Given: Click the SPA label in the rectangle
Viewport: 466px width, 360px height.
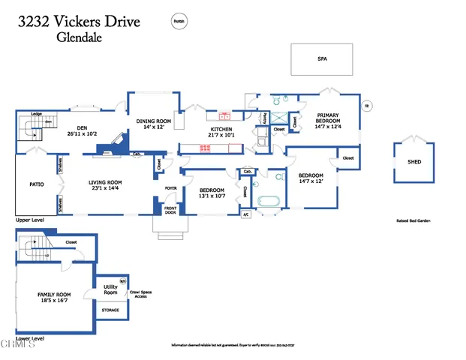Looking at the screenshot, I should pyautogui.click(x=322, y=58).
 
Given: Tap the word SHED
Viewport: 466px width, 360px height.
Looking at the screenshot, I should pyautogui.click(x=414, y=161).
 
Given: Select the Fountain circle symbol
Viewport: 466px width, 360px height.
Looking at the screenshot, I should pyautogui.click(x=179, y=22).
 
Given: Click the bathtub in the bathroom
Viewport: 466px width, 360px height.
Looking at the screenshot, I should pyautogui.click(x=268, y=201).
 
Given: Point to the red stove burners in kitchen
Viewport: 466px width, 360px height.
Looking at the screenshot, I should pyautogui.click(x=204, y=147).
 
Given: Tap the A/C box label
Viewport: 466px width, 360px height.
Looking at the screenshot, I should pyautogui.click(x=245, y=214).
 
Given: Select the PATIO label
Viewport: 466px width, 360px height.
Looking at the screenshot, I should pyautogui.click(x=36, y=184).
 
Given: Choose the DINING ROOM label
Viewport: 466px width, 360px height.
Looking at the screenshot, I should pyautogui.click(x=153, y=121).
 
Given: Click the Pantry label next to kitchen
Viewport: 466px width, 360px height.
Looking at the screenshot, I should pyautogui.click(x=264, y=118).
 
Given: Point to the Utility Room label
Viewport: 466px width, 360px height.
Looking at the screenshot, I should pyautogui.click(x=110, y=288).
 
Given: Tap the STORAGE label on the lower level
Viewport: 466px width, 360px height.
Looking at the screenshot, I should pyautogui.click(x=110, y=310).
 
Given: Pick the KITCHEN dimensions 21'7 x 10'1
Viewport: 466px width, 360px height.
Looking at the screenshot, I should pyautogui.click(x=221, y=136).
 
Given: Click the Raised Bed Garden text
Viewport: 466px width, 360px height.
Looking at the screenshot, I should pyautogui.click(x=413, y=220).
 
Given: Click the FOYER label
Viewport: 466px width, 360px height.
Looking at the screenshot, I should pyautogui.click(x=170, y=188).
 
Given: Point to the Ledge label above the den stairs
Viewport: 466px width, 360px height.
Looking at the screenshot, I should pyautogui.click(x=35, y=114).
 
